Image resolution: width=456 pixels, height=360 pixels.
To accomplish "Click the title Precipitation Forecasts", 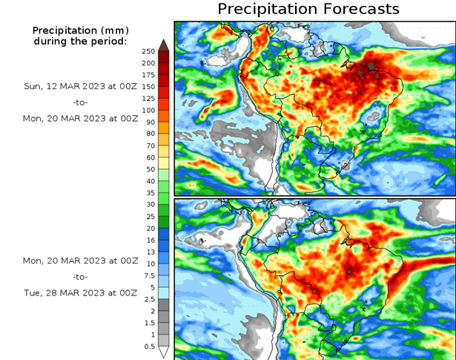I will click(308, 9).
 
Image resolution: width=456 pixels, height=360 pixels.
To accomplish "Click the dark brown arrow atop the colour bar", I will click(163, 44).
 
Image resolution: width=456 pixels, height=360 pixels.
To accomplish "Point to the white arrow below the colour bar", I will click(163, 352).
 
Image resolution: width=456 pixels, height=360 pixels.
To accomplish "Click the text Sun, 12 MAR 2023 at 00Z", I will click(80, 85).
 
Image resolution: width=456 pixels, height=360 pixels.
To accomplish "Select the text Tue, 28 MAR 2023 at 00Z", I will click(80, 292).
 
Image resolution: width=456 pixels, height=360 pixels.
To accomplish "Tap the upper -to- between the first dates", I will click(80, 102).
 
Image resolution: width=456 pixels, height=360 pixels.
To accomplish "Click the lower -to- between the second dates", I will click(80, 277).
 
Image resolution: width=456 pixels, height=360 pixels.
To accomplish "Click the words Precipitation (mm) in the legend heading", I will click(80, 30).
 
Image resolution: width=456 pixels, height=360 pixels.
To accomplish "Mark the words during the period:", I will click(80, 41).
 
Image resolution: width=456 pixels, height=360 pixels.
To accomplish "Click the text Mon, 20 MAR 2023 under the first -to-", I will click(80, 117).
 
